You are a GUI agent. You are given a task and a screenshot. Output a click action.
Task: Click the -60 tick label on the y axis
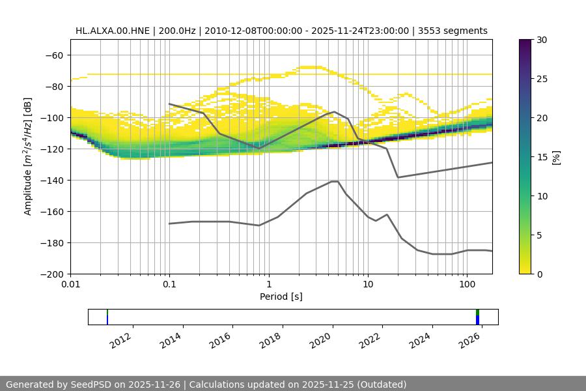(x=54, y=55)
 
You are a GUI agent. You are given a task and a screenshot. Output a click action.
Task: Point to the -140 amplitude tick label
(x=51, y=180)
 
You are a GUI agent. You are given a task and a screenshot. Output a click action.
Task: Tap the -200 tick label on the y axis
(x=51, y=274)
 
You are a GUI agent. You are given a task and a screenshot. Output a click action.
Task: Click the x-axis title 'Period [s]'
(x=281, y=297)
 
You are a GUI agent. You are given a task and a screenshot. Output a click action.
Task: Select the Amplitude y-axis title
(x=28, y=156)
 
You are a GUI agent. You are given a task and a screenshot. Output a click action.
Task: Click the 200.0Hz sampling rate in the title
(x=174, y=31)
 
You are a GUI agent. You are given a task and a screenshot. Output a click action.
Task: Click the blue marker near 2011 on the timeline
(x=107, y=319)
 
